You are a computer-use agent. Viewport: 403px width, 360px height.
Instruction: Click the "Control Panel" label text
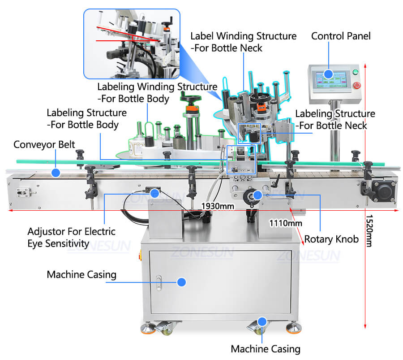[x=341, y=36]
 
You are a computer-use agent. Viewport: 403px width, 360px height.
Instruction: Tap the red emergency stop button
[x=357, y=85]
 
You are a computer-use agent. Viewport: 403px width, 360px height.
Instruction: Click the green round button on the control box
[x=356, y=72]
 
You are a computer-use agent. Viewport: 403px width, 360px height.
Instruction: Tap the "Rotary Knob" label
[x=331, y=239]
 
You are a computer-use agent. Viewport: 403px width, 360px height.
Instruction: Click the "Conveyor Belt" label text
[x=44, y=145]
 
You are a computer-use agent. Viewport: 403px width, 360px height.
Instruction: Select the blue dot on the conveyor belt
[x=55, y=172]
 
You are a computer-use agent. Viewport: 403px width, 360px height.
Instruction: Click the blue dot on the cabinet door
[x=181, y=282]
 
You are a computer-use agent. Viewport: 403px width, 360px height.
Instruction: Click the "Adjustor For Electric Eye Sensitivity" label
[x=72, y=238]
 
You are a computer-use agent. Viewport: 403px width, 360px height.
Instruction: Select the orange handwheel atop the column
[x=193, y=108]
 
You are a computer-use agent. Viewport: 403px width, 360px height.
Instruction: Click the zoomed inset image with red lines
[x=131, y=44]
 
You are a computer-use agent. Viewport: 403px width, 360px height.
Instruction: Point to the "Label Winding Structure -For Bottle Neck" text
[x=243, y=41]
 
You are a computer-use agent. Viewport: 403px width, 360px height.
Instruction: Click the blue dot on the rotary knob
[x=258, y=195]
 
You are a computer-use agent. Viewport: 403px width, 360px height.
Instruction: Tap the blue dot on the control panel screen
[x=328, y=74]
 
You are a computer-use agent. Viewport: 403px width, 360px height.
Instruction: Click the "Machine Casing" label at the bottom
[x=266, y=348]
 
